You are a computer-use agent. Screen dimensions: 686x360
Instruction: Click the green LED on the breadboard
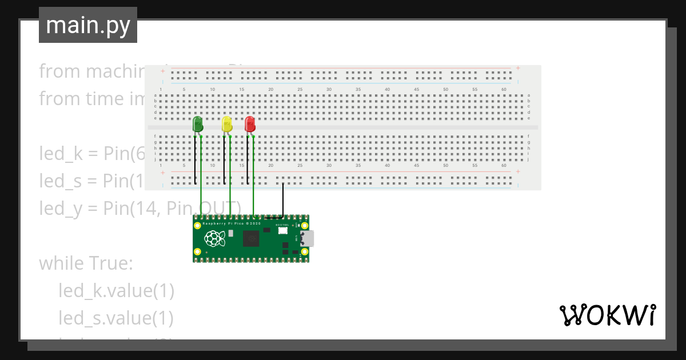click(198, 124)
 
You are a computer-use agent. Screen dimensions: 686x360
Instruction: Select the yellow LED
click(226, 124)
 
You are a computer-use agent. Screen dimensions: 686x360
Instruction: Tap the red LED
click(250, 124)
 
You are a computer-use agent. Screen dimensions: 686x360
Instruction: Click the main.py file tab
click(88, 25)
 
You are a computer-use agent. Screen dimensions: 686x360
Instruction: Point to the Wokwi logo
click(607, 315)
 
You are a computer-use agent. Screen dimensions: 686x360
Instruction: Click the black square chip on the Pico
click(251, 238)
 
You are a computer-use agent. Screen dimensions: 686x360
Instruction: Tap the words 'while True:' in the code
click(86, 263)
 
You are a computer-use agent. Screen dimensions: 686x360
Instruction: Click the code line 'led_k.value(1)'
click(116, 291)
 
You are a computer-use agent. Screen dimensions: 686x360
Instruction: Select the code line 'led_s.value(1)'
click(116, 318)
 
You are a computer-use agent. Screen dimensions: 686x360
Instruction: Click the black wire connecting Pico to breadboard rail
click(283, 203)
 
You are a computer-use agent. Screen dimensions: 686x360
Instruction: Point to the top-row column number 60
click(504, 89)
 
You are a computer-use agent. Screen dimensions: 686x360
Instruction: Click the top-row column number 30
click(329, 89)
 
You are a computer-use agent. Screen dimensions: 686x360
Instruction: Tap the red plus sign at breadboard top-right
click(518, 68)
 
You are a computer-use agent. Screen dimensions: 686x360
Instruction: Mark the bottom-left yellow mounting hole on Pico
click(198, 252)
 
